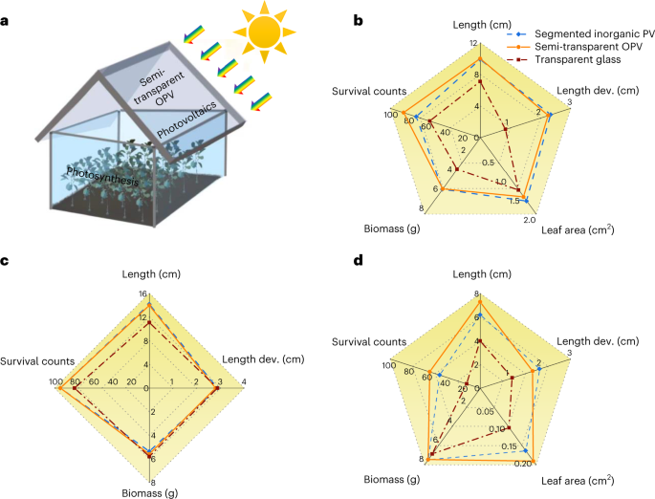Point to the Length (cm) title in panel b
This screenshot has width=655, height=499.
478,26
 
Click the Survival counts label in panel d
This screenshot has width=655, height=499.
368,340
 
